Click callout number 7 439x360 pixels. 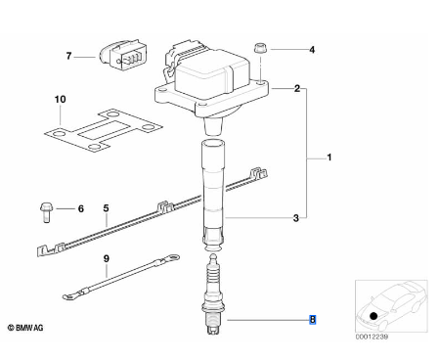[68, 56]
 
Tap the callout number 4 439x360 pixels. [312, 49]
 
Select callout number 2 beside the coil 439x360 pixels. [296, 89]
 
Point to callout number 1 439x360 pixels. [329, 156]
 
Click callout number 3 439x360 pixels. [296, 218]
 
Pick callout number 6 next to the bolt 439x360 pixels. [81, 208]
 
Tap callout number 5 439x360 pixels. [106, 208]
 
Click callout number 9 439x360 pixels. [106, 259]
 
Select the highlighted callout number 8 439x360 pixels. [312, 319]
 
